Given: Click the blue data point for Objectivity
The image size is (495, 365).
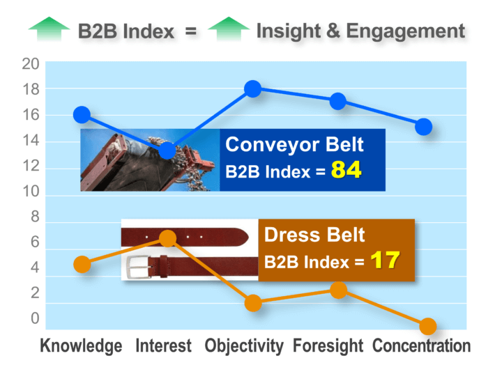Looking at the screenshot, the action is (x=253, y=88).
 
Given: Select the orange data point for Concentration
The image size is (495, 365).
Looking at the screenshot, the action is (x=428, y=326).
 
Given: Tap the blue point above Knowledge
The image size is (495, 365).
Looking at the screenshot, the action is (x=82, y=114).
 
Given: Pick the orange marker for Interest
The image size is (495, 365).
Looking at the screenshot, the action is (x=167, y=238).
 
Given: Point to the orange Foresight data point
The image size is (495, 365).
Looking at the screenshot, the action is (x=339, y=290).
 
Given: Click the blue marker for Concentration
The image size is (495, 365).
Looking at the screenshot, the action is (x=424, y=127).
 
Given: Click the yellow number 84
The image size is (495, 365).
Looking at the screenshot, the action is (x=346, y=170).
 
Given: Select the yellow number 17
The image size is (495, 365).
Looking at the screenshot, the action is (x=385, y=261).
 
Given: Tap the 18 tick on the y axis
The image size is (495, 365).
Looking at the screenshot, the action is (x=31, y=90).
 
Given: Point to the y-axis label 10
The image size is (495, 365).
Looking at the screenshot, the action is (x=31, y=191).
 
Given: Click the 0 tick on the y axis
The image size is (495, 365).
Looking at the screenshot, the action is (x=35, y=318).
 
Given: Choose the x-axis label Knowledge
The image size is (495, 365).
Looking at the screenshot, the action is (x=81, y=345).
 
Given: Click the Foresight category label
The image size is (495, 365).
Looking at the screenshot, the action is (x=328, y=345).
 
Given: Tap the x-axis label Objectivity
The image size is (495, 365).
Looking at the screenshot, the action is (x=244, y=345).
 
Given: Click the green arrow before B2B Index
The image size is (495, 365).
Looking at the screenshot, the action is (x=49, y=29).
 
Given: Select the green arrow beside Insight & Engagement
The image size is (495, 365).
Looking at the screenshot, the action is (x=229, y=29).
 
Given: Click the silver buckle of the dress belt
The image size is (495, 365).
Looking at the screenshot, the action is (x=138, y=267).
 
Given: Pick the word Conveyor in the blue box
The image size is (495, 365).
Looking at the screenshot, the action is (x=273, y=145).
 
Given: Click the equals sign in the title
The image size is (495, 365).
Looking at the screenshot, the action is (x=190, y=31).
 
